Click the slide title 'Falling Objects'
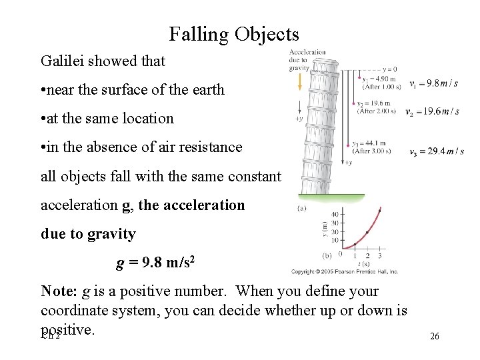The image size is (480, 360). pyautogui.click(x=234, y=34)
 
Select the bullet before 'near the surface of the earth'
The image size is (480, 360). pyautogui.click(x=43, y=90)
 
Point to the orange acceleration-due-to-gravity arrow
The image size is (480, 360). pyautogui.click(x=300, y=81)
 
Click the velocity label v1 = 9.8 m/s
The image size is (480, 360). pyautogui.click(x=434, y=84)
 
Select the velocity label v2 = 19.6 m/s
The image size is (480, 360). pyautogui.click(x=432, y=111)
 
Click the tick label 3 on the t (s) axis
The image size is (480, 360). pyautogui.click(x=379, y=256)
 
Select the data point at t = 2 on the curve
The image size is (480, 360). pyautogui.click(x=367, y=233)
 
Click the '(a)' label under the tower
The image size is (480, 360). pyautogui.click(x=303, y=208)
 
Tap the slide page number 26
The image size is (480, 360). pyautogui.click(x=435, y=337)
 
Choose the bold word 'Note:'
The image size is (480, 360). pyautogui.click(x=59, y=291)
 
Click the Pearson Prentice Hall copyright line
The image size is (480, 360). pyautogui.click(x=345, y=272)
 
